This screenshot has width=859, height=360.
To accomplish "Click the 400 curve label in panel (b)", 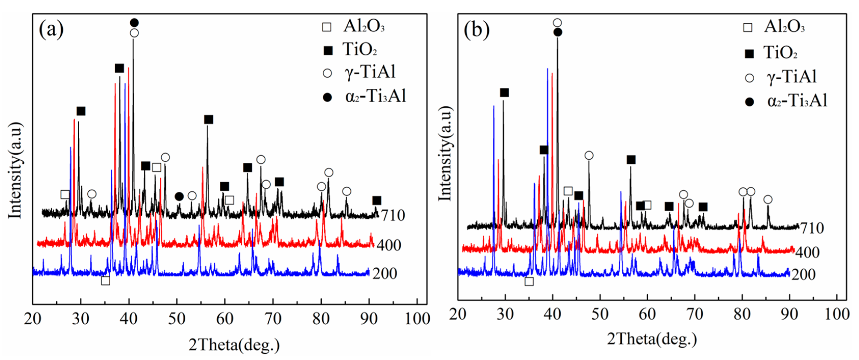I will (807, 252).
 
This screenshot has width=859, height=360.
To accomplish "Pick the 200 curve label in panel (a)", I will (385, 274).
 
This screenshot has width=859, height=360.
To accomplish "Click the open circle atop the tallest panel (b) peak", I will (557, 23).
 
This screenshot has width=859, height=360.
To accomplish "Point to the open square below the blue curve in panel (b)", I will (529, 281).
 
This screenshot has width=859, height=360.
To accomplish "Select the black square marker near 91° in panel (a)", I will (376, 200).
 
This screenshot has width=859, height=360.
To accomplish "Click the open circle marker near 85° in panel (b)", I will (768, 199).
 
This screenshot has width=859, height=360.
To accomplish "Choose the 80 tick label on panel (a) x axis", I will (321, 319).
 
